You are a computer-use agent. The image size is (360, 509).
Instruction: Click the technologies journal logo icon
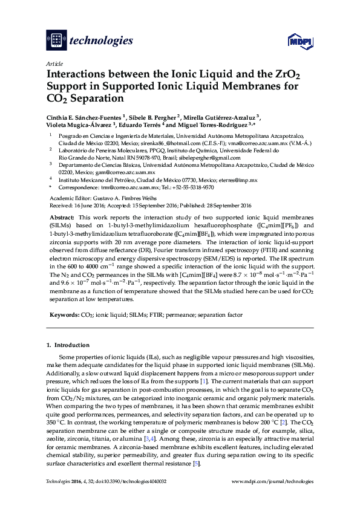(56, 41)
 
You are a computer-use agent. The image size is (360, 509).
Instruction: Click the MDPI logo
(299, 41)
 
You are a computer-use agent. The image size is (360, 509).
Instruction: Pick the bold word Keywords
(64, 315)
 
